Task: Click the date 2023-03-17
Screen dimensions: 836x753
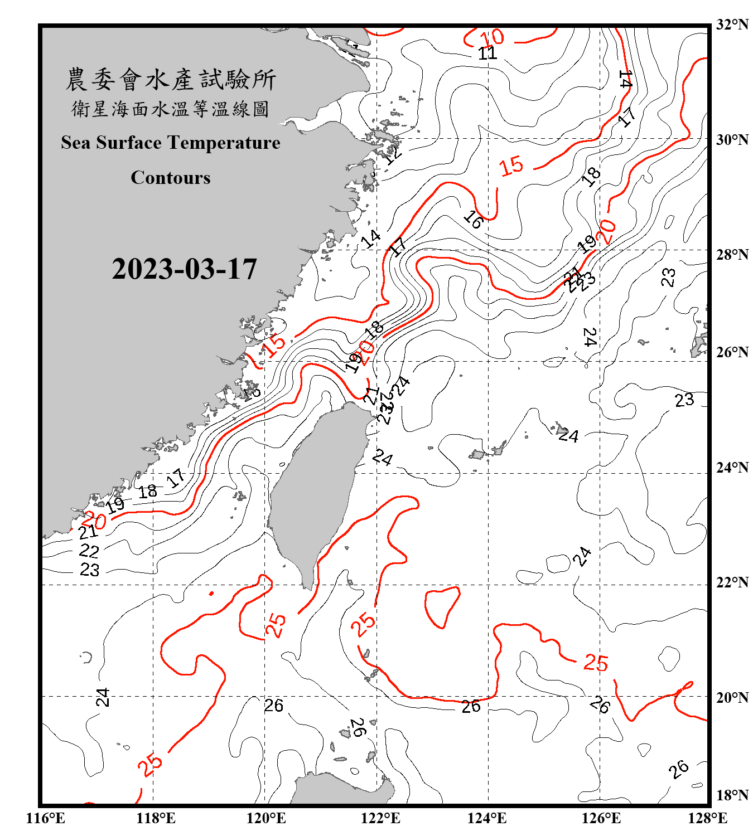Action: coord(184,269)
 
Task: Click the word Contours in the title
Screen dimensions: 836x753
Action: coord(171,177)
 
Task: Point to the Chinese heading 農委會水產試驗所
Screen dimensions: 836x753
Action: coord(171,79)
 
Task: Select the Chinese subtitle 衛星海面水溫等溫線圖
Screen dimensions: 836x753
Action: coord(171,109)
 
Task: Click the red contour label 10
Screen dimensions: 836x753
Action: coord(492,38)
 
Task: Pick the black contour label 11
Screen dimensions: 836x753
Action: coord(487,54)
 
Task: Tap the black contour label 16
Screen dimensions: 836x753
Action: coord(473,220)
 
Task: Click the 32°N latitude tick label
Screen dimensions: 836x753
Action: coord(732,25)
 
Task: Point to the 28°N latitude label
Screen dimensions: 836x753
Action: coord(732,255)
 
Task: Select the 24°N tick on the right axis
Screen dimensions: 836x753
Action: coord(732,468)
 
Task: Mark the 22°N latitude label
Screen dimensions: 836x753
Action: coord(732,582)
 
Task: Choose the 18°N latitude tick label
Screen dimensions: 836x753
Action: coord(732,795)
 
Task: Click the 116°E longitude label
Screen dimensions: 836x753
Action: coord(46,818)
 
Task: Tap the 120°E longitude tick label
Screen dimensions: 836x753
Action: coord(266,818)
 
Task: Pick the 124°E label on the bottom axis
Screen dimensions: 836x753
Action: coord(487,818)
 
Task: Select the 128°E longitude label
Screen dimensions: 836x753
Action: coord(707,818)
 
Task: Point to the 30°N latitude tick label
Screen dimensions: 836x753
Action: coord(732,140)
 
